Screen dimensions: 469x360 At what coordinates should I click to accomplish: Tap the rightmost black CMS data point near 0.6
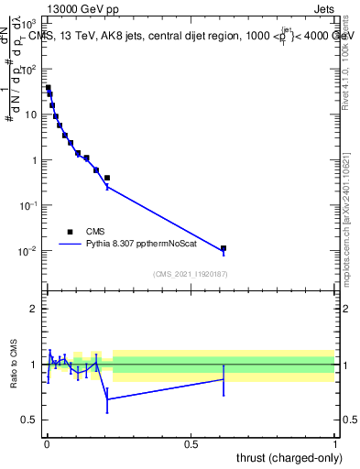pyautogui.click(x=224, y=248)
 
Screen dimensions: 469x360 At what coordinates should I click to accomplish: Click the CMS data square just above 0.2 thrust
pyautogui.click(x=107, y=178)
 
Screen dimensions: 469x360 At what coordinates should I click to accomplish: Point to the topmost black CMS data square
pyautogui.click(x=48, y=88)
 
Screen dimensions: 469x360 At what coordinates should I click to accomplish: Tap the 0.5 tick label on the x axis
pyautogui.click(x=191, y=444)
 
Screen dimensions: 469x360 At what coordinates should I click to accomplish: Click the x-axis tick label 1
pyautogui.click(x=335, y=444)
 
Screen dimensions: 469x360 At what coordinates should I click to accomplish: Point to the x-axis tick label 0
pyautogui.click(x=46, y=444)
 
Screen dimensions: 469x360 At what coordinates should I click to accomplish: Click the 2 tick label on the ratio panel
pyautogui.click(x=34, y=309)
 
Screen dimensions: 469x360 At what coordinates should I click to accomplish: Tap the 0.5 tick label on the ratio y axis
pyautogui.click(x=30, y=420)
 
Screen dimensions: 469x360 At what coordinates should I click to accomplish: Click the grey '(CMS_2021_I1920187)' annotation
pyautogui.click(x=190, y=274)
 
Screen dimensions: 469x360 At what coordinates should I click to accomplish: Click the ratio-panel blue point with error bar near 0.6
pyautogui.click(x=224, y=379)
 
